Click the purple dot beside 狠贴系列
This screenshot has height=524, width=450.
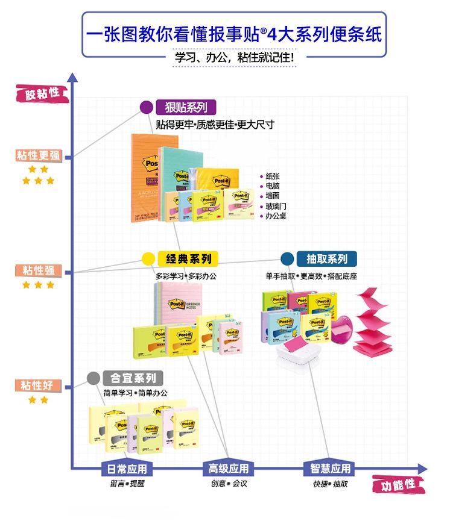click(x=145, y=107)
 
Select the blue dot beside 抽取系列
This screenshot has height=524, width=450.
click(x=287, y=259)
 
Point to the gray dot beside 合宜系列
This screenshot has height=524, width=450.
click(x=93, y=378)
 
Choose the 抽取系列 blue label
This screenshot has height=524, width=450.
click(x=326, y=259)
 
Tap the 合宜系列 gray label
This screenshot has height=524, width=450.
click(x=133, y=378)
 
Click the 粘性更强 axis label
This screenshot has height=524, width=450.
click(x=39, y=156)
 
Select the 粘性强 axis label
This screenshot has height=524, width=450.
click(x=39, y=270)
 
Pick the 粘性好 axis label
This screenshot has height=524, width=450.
click(x=39, y=385)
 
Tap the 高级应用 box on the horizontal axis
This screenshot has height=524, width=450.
click(x=228, y=469)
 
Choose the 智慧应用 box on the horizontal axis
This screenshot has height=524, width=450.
click(x=330, y=469)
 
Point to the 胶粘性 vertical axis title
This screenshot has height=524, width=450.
click(x=42, y=93)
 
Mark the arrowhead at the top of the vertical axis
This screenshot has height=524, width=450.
click(x=72, y=78)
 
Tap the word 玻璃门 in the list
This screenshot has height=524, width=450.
click(x=276, y=206)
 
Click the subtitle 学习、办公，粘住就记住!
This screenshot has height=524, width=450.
click(x=235, y=58)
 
